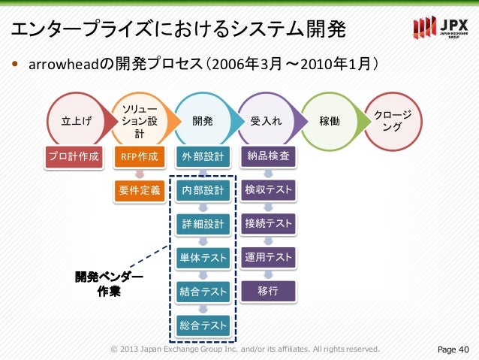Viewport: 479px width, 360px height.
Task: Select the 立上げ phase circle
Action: click(73, 119)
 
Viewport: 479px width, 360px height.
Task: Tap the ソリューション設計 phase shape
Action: click(139, 119)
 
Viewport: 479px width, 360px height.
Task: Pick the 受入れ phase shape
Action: click(267, 119)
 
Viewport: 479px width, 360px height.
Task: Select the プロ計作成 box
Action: click(73, 157)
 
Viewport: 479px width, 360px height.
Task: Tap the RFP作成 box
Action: click(140, 157)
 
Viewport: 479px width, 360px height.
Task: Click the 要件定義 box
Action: click(140, 190)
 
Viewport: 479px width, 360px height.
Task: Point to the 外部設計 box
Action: click(203, 157)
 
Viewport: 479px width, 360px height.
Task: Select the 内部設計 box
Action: click(203, 190)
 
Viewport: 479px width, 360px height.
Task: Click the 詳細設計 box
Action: click(203, 224)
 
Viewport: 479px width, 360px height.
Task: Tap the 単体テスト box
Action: click(203, 258)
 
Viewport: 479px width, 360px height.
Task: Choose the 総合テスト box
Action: click(203, 325)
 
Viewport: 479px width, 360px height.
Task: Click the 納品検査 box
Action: click(268, 157)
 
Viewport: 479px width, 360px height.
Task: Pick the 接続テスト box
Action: click(268, 224)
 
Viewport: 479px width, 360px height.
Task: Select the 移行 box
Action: click(268, 291)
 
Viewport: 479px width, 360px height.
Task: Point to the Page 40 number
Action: click(453, 349)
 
